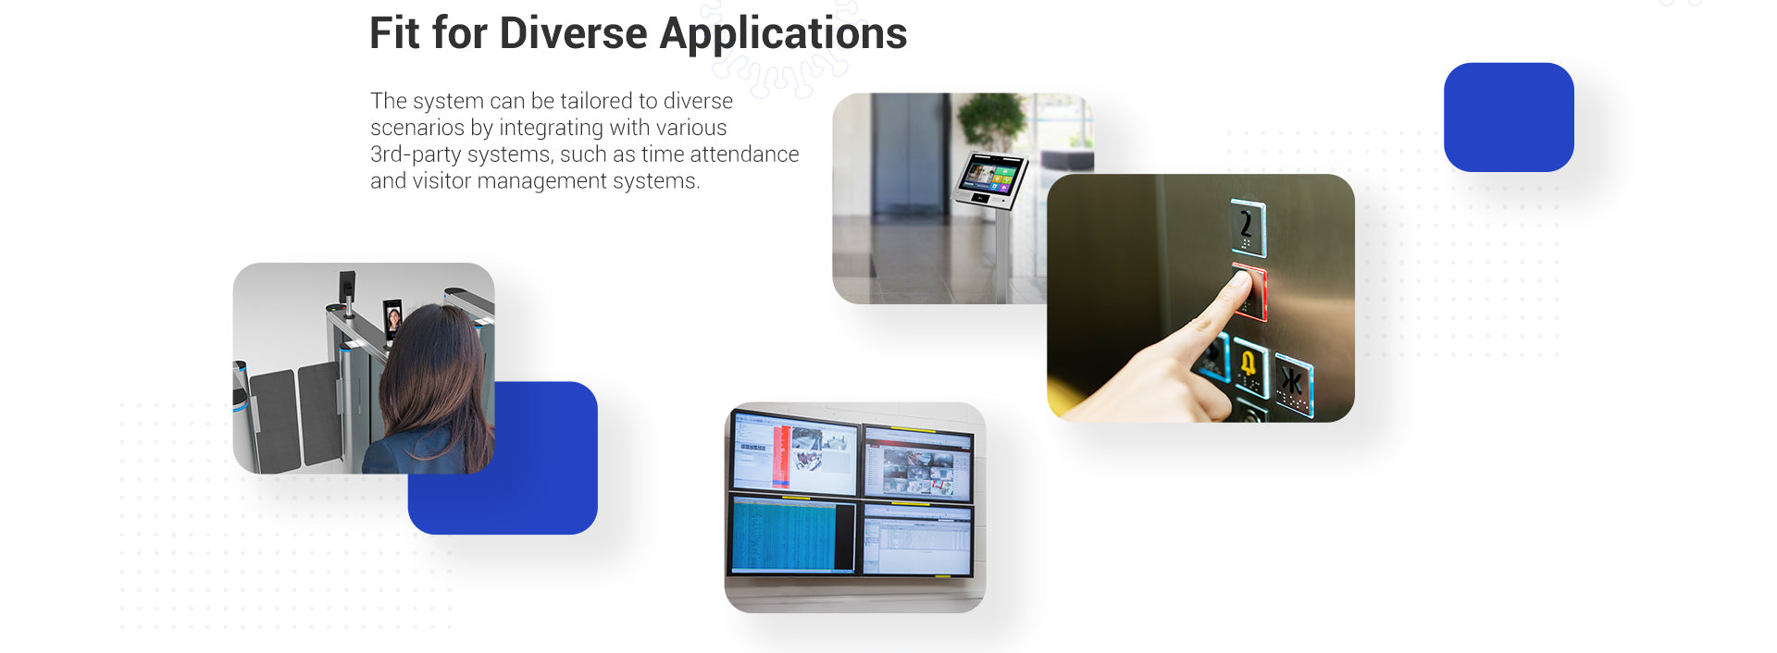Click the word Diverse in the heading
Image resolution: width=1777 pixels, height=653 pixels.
pyautogui.click(x=573, y=33)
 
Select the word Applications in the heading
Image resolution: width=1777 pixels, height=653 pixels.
pyautogui.click(x=783, y=35)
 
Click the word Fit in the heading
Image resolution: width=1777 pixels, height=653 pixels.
pyautogui.click(x=394, y=33)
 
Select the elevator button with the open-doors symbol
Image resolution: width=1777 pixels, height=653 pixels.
pyautogui.click(x=1293, y=382)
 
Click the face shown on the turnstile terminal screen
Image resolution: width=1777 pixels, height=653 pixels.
pyautogui.click(x=393, y=320)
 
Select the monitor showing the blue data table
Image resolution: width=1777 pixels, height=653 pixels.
pyautogui.click(x=792, y=536)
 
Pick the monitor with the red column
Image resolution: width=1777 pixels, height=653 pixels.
pyautogui.click(x=794, y=453)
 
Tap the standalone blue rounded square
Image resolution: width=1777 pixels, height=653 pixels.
pyautogui.click(x=1509, y=117)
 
